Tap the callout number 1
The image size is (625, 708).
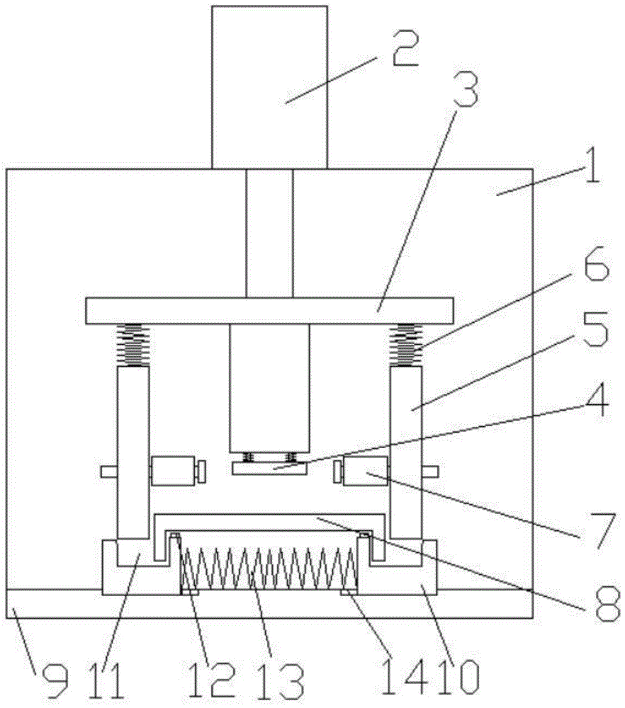592,166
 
